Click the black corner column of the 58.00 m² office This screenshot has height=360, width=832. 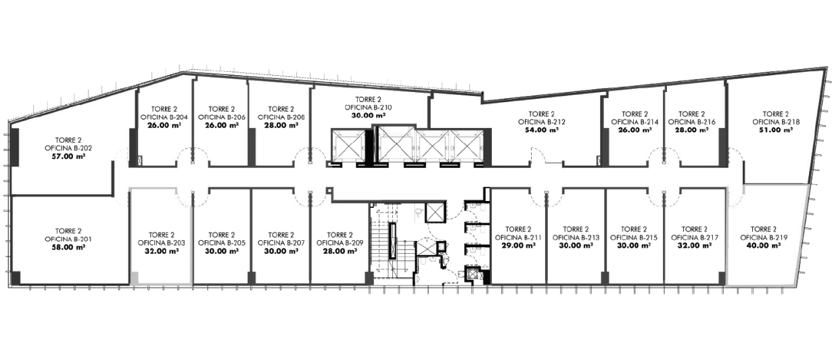coord(14,277)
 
